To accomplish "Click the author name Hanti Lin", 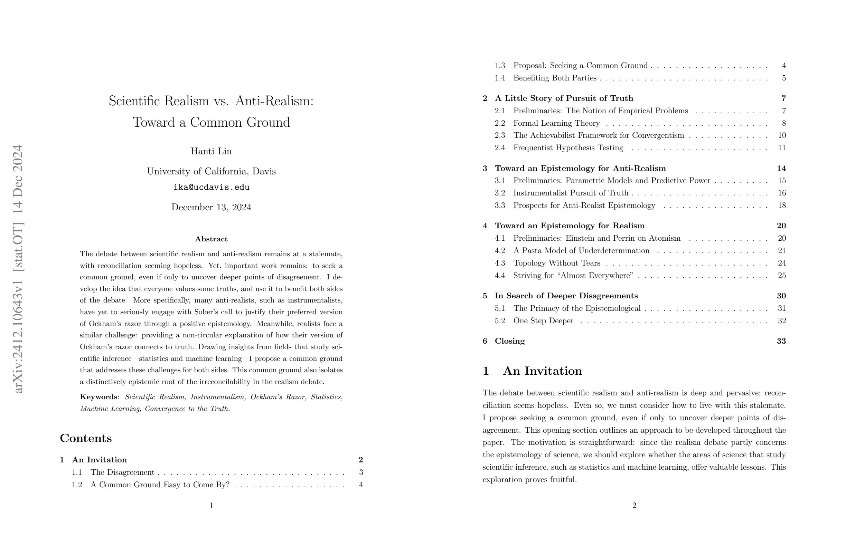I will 211,151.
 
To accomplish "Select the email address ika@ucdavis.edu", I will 211,188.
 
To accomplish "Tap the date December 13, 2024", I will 211,208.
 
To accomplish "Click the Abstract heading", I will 211,239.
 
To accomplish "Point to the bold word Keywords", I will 98,397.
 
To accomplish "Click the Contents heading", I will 86,438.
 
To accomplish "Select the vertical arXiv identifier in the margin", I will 18,269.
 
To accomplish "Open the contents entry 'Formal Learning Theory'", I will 556,123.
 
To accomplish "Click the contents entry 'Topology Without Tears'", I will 557,263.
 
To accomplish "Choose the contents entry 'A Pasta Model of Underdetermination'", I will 581,251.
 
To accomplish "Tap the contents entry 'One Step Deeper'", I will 543,321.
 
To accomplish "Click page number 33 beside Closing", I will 781,341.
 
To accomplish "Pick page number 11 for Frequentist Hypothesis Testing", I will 782,148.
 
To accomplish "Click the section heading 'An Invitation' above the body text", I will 543,371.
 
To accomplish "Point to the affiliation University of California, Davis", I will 211,172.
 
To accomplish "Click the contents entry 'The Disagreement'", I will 122,472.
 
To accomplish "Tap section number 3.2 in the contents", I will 499,193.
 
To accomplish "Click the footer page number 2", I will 634,506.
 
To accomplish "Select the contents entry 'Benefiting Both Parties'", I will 555,78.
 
